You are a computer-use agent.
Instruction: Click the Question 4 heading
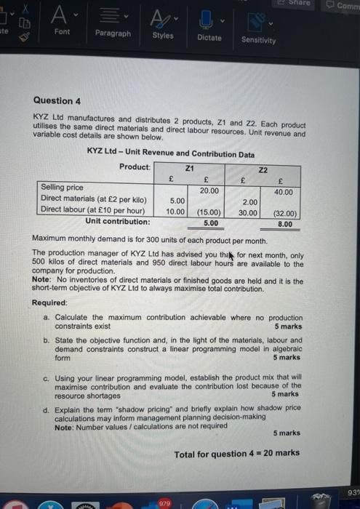tap(53, 100)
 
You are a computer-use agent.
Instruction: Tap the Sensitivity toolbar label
tap(258, 40)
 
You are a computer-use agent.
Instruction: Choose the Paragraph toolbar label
tap(113, 33)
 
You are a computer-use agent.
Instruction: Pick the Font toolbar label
tap(62, 32)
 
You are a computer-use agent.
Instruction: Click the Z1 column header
tap(191, 167)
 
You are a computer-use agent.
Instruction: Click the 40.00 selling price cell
tap(284, 192)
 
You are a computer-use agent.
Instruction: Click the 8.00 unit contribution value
tap(285, 225)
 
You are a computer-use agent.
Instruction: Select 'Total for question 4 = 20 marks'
tap(236, 453)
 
